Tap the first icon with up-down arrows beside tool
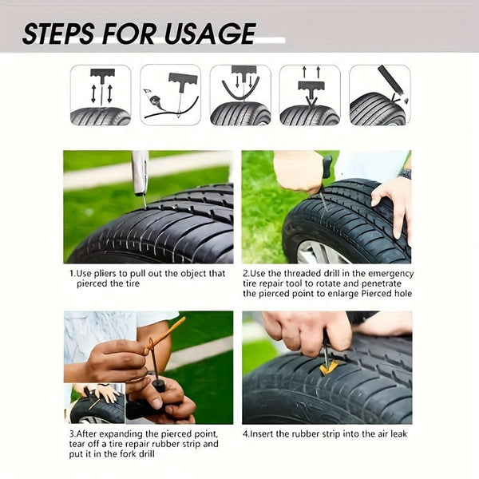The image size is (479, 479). point(101,95)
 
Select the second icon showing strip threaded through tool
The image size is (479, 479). point(170,95)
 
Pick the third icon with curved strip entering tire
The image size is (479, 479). point(240,95)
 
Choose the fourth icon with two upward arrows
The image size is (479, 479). point(310,95)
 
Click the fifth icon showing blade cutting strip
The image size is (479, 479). point(379,95)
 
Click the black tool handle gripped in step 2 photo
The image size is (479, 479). point(327,166)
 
